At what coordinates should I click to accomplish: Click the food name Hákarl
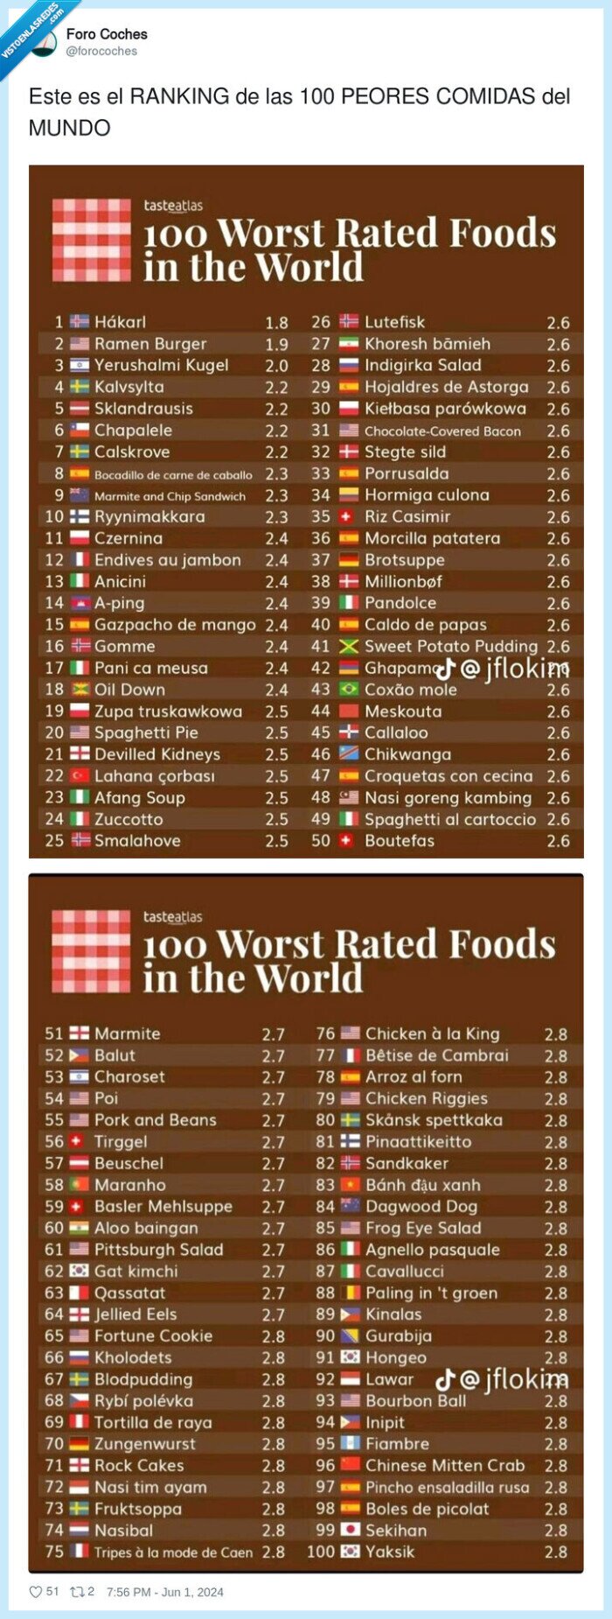[x=120, y=322]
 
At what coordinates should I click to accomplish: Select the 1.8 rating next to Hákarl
[x=276, y=323]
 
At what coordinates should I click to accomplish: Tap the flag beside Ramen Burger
[x=80, y=344]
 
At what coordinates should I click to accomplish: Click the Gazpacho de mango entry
[x=175, y=625]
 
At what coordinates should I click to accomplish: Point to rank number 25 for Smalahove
[x=54, y=841]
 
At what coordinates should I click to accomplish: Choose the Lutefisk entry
[x=394, y=322]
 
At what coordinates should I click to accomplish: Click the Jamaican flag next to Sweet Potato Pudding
[x=349, y=647]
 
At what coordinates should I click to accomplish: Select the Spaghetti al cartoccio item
[x=449, y=819]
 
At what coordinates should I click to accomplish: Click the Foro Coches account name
[x=107, y=34]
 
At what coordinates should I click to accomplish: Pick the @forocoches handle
[x=101, y=52]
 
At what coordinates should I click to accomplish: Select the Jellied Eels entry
[x=136, y=1314]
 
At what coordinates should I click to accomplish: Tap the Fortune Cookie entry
[x=153, y=1336]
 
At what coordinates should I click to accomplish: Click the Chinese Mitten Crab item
[x=444, y=1466]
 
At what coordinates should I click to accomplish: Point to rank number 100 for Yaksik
[x=321, y=1552]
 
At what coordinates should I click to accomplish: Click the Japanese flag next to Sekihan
[x=350, y=1530]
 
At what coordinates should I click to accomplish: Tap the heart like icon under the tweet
[x=36, y=1592]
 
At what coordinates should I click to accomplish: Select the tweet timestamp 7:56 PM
[x=129, y=1592]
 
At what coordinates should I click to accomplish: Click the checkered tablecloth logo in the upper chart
[x=91, y=240]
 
